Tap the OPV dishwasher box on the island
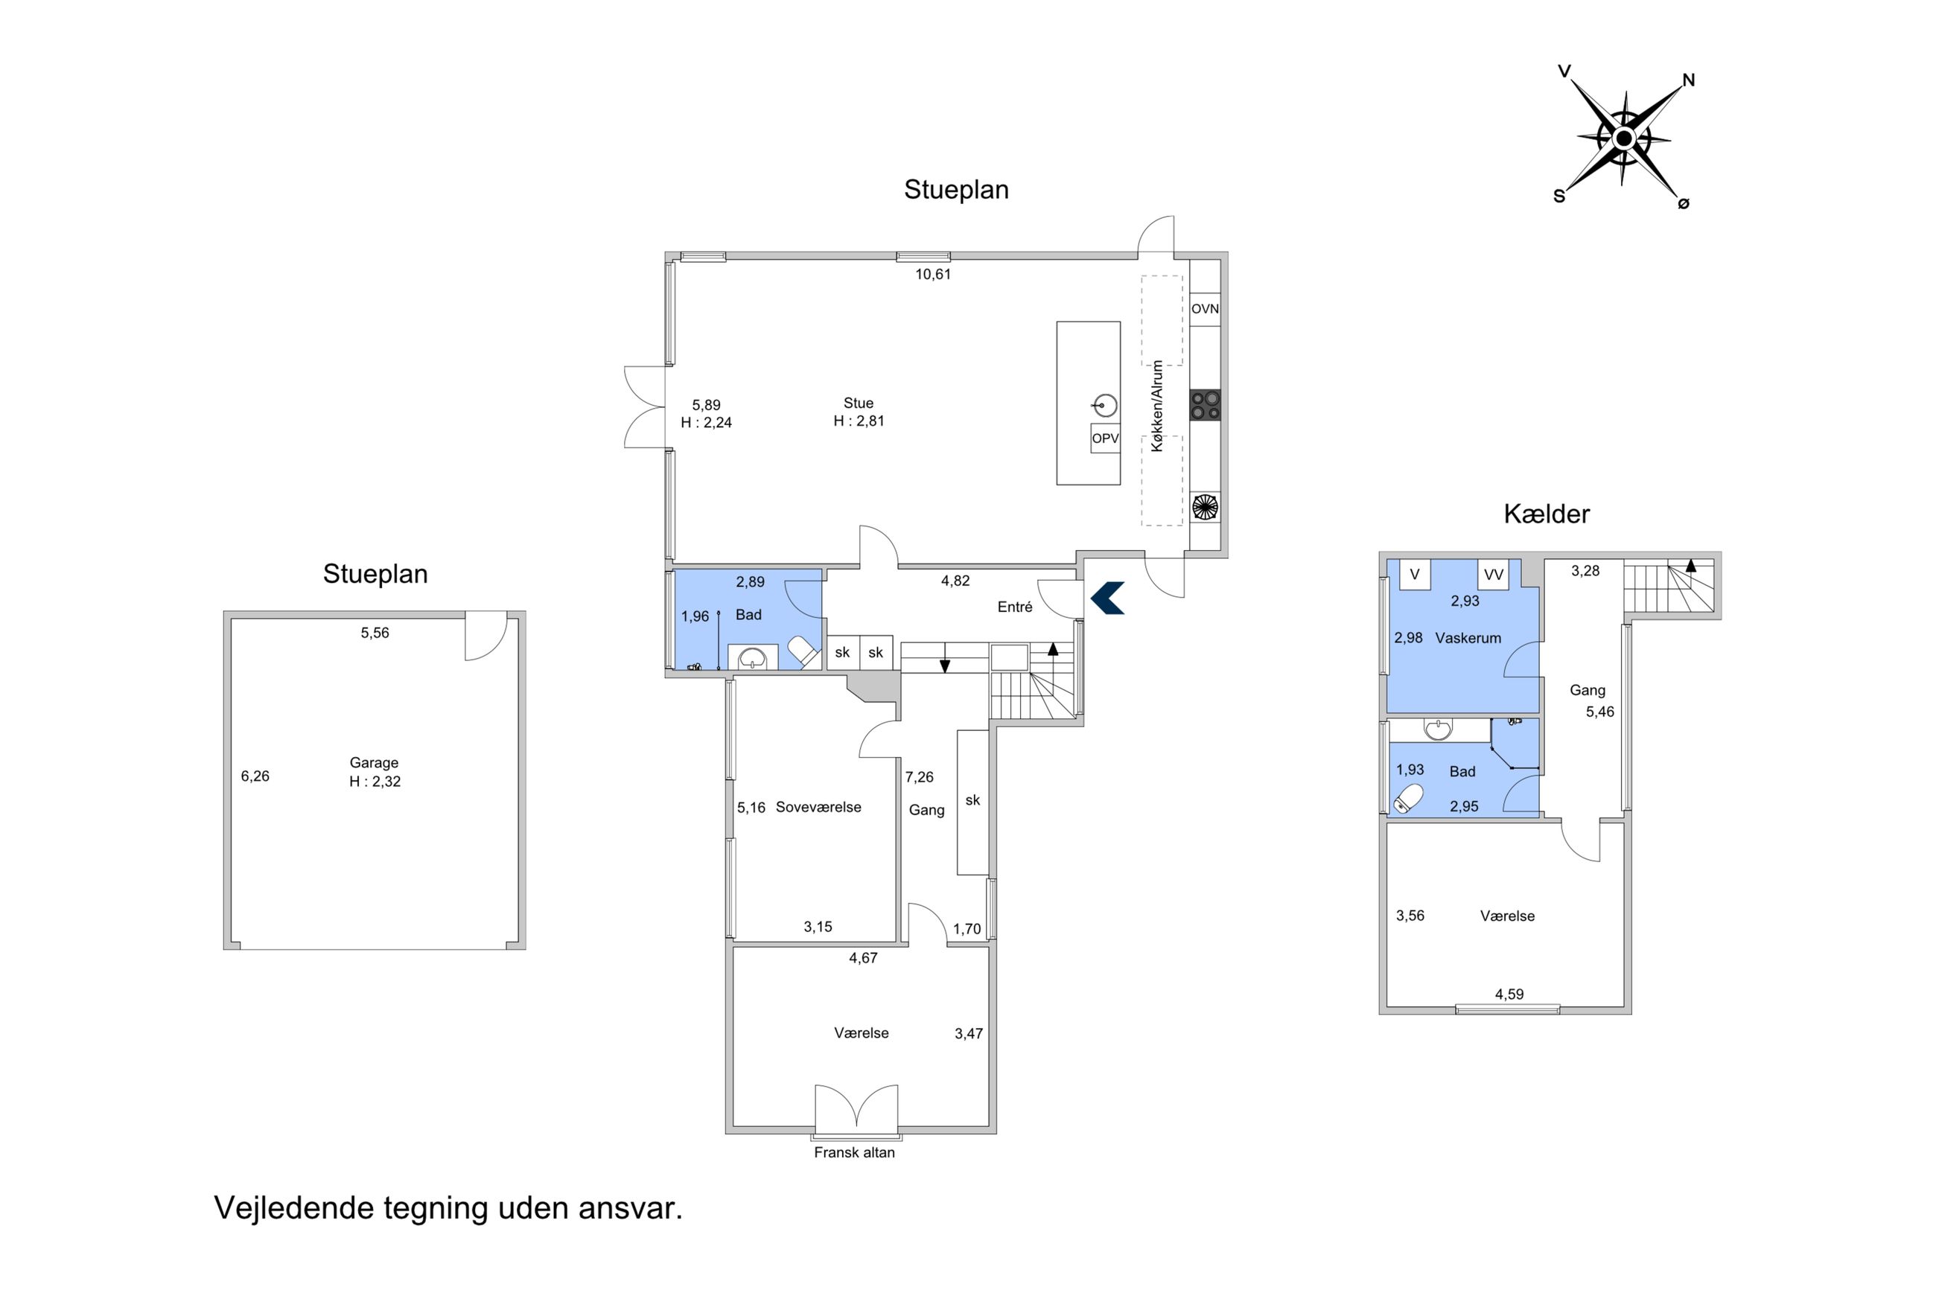pyautogui.click(x=1105, y=438)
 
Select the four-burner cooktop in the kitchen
pyautogui.click(x=1205, y=405)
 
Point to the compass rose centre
pyautogui.click(x=1623, y=138)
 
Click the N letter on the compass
pyautogui.click(x=1688, y=80)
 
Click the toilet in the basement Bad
pyautogui.click(x=1409, y=798)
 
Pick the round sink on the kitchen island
pyautogui.click(x=1106, y=406)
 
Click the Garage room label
pyautogui.click(x=374, y=763)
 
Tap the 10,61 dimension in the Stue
pyautogui.click(x=933, y=274)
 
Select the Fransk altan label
pyautogui.click(x=854, y=1152)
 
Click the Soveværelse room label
pyautogui.click(x=818, y=807)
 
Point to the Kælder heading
pyautogui.click(x=1546, y=514)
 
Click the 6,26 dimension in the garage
pyautogui.click(x=255, y=776)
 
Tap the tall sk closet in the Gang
pyautogui.click(x=972, y=802)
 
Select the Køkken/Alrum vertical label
pyautogui.click(x=1157, y=406)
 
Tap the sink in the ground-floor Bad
pyautogui.click(x=753, y=658)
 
